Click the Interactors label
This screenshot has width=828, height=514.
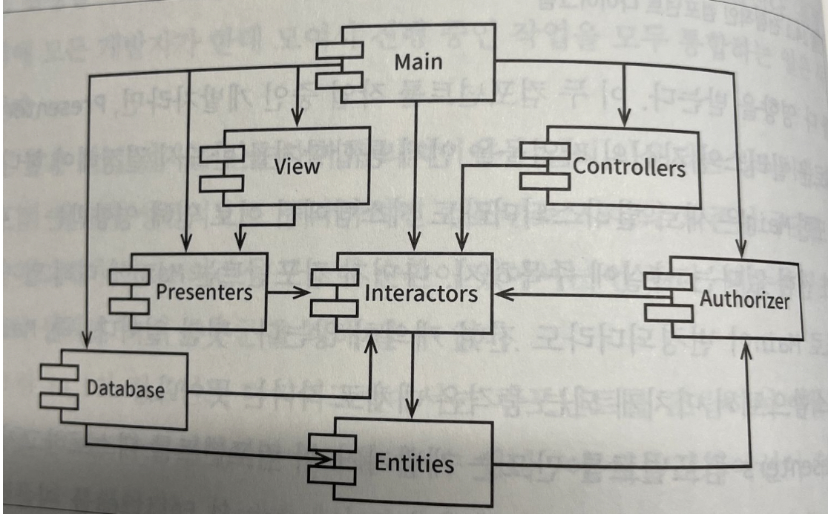(421, 293)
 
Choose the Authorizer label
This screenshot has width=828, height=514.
(744, 300)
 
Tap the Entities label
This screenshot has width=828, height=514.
(414, 464)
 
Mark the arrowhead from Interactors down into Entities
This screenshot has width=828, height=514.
(414, 411)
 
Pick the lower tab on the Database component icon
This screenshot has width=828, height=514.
(59, 401)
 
